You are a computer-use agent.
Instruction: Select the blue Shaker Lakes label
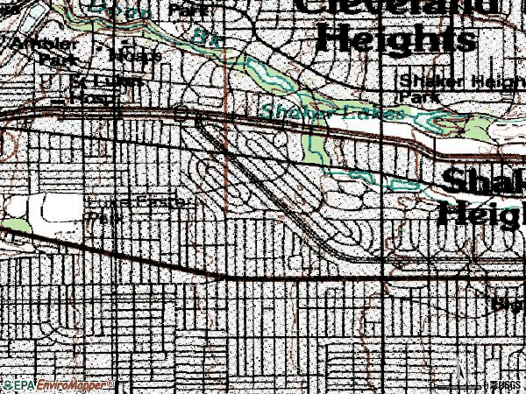click(333, 112)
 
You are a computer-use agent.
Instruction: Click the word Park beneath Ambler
click(54, 59)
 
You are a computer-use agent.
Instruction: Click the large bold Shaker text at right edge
click(482, 182)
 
